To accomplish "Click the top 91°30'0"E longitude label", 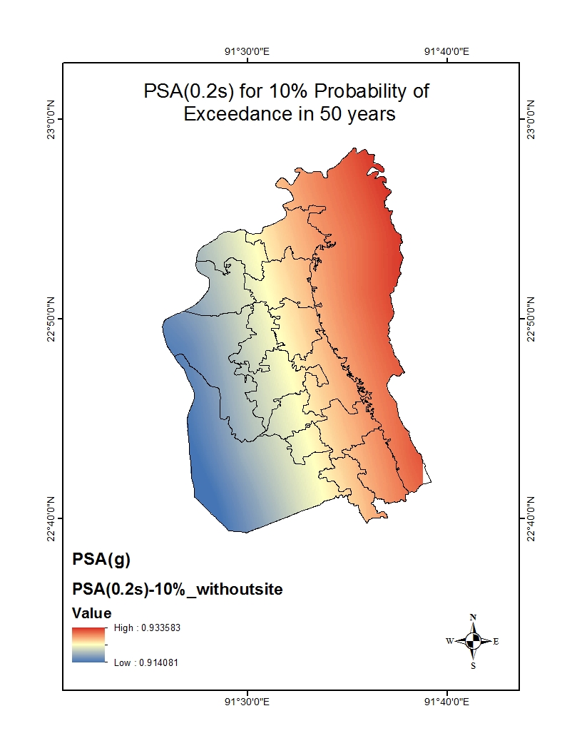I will (247, 51).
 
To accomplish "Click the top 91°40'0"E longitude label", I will (446, 51).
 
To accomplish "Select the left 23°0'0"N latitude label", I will (51, 119).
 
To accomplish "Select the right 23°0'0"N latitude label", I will (531, 119).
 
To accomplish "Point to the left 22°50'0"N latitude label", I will (51, 318).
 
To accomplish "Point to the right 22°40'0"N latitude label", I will (531, 518).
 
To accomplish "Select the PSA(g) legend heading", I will (101, 560).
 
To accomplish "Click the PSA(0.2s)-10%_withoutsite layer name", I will (178, 589).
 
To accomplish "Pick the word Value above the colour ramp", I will (92, 613).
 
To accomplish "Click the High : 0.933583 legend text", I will (145, 628).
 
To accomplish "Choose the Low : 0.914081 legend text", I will (145, 662).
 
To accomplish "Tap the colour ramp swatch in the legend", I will (88, 645).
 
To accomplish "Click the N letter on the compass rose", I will (473, 618).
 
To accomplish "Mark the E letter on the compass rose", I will (496, 641).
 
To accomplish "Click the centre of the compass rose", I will (473, 640).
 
